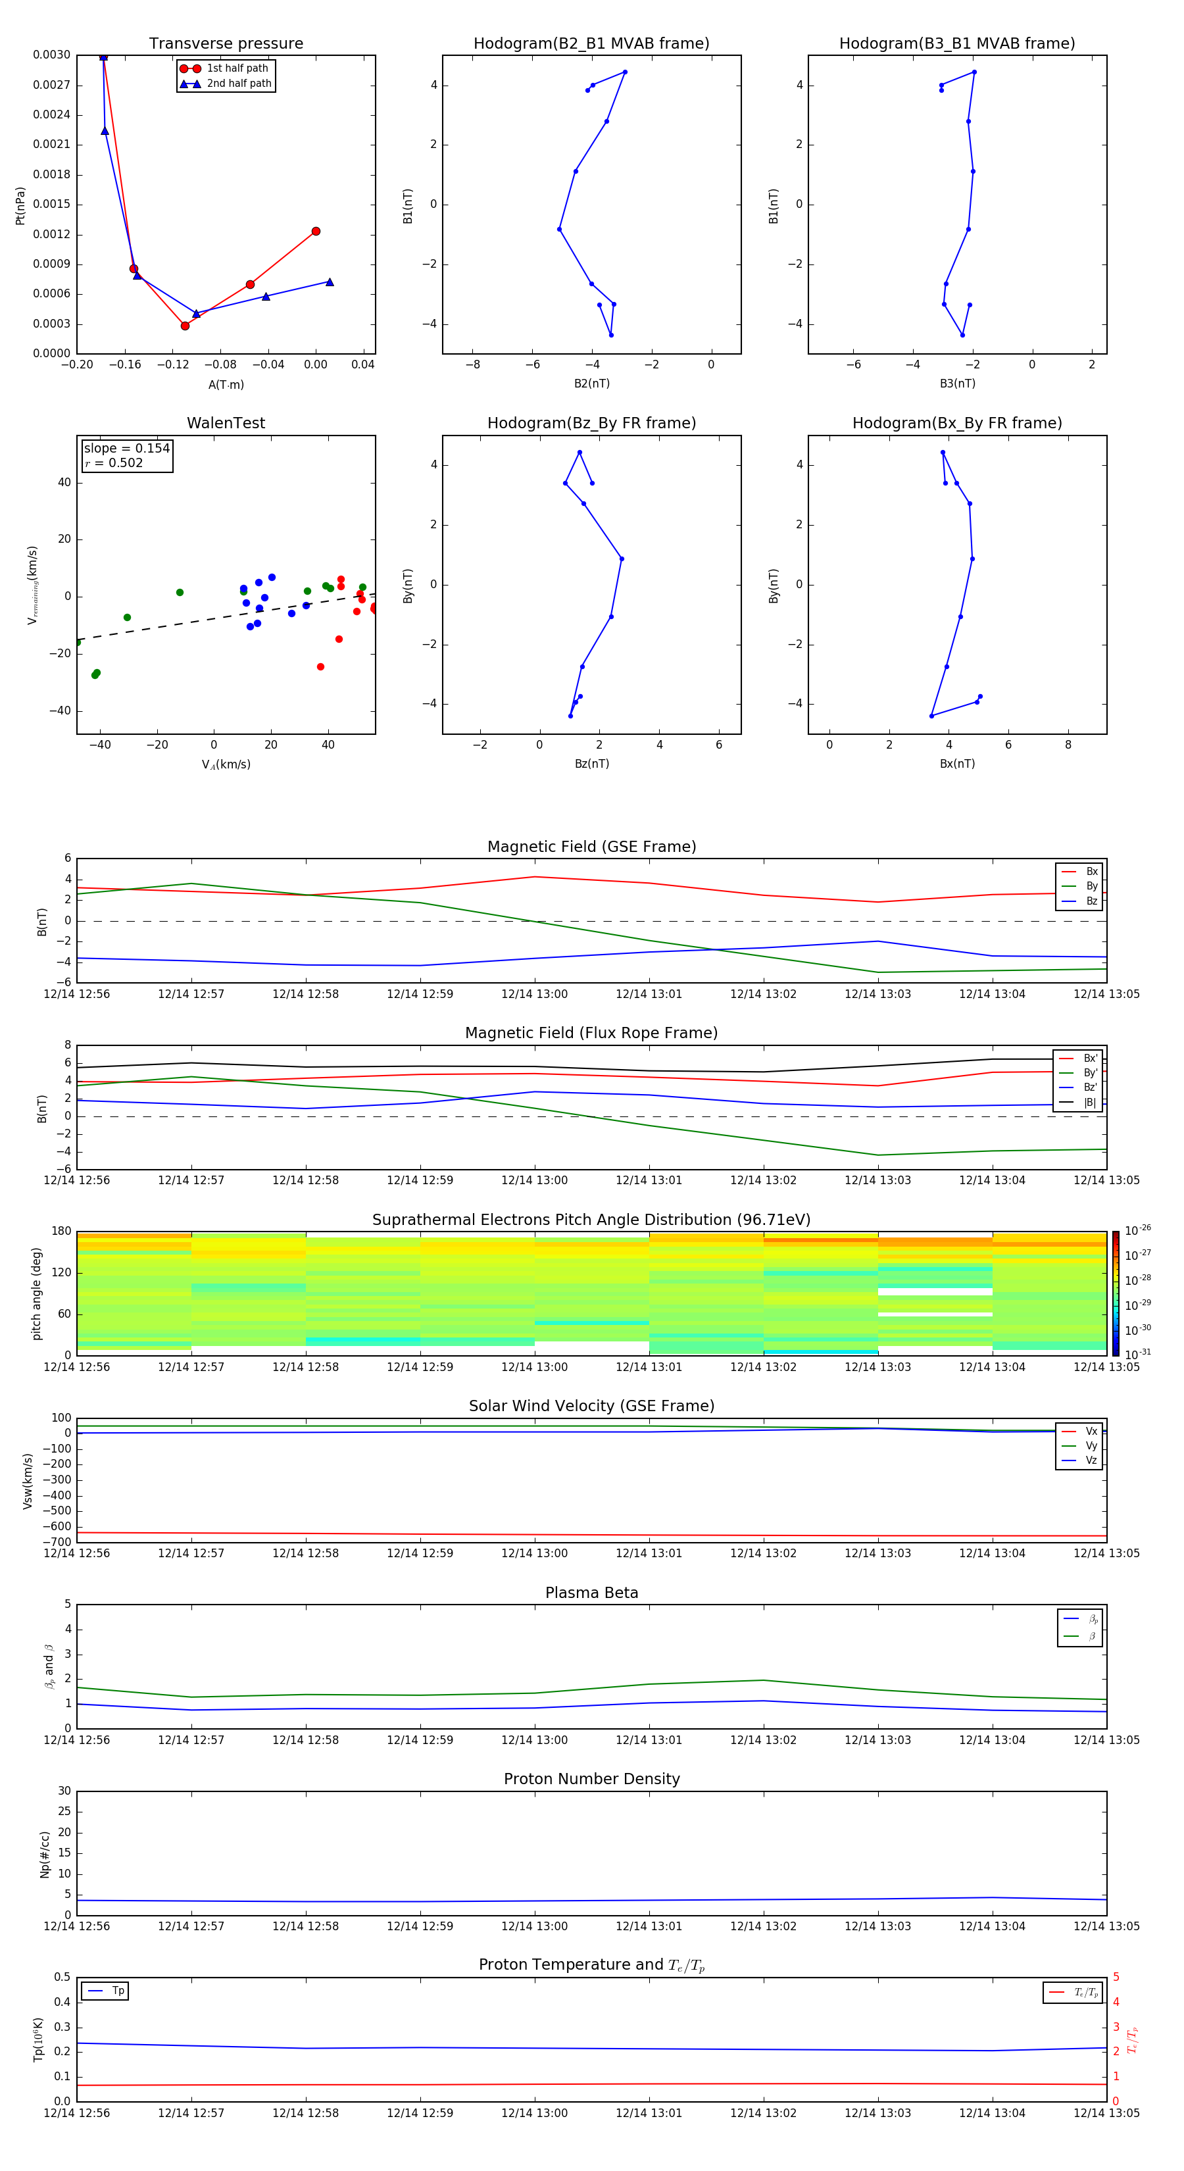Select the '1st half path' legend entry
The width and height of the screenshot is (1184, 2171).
(x=237, y=68)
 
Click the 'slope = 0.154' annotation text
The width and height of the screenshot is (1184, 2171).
(x=126, y=449)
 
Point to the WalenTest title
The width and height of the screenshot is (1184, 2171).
(x=226, y=423)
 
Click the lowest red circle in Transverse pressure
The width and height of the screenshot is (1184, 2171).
(x=185, y=325)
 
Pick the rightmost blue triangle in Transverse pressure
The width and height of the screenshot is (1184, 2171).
(x=330, y=282)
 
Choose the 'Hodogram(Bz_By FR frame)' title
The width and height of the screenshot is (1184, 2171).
(x=591, y=423)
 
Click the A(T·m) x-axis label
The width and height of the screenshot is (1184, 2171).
(x=226, y=384)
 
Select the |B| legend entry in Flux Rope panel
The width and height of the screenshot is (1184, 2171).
(x=1090, y=1103)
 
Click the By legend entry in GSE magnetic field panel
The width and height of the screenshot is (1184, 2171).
(x=1091, y=886)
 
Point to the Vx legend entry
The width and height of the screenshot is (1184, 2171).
(x=1091, y=1431)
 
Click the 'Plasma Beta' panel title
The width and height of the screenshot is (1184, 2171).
(x=591, y=1593)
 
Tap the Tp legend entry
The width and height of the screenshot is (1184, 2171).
(x=118, y=1991)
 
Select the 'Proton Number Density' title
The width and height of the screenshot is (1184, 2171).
(x=591, y=1779)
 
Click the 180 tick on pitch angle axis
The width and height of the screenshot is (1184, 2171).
(x=62, y=1232)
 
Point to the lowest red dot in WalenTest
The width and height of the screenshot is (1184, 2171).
(x=320, y=666)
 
